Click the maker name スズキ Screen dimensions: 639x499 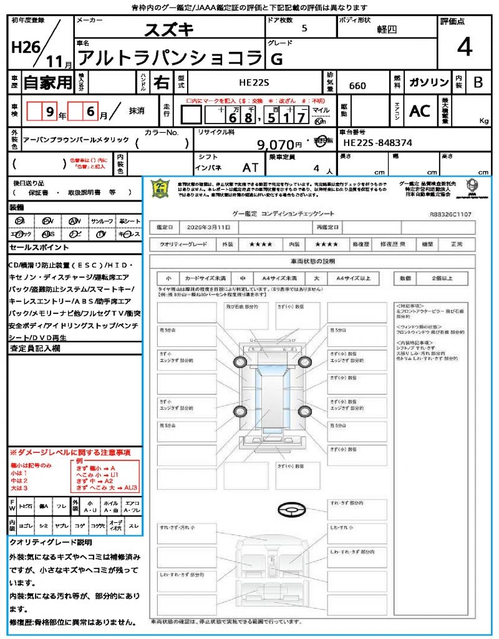point(169,30)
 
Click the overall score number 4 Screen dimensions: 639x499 point(463,47)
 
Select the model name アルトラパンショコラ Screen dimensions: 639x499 point(170,59)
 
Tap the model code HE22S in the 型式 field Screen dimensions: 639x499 point(256,82)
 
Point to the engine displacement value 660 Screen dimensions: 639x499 point(357,85)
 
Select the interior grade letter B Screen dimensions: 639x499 point(478,82)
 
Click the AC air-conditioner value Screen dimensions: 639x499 point(420,111)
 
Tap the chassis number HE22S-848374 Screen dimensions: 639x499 point(378,143)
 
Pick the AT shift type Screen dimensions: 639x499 point(250,167)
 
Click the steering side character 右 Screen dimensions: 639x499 point(162,82)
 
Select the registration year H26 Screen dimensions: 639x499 point(22,47)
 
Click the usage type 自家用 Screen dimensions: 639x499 point(47,82)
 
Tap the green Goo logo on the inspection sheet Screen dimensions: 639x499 point(161,188)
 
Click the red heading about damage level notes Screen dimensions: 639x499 point(70,452)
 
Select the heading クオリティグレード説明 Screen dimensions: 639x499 point(51,542)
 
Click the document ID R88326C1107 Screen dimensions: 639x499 point(450,213)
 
